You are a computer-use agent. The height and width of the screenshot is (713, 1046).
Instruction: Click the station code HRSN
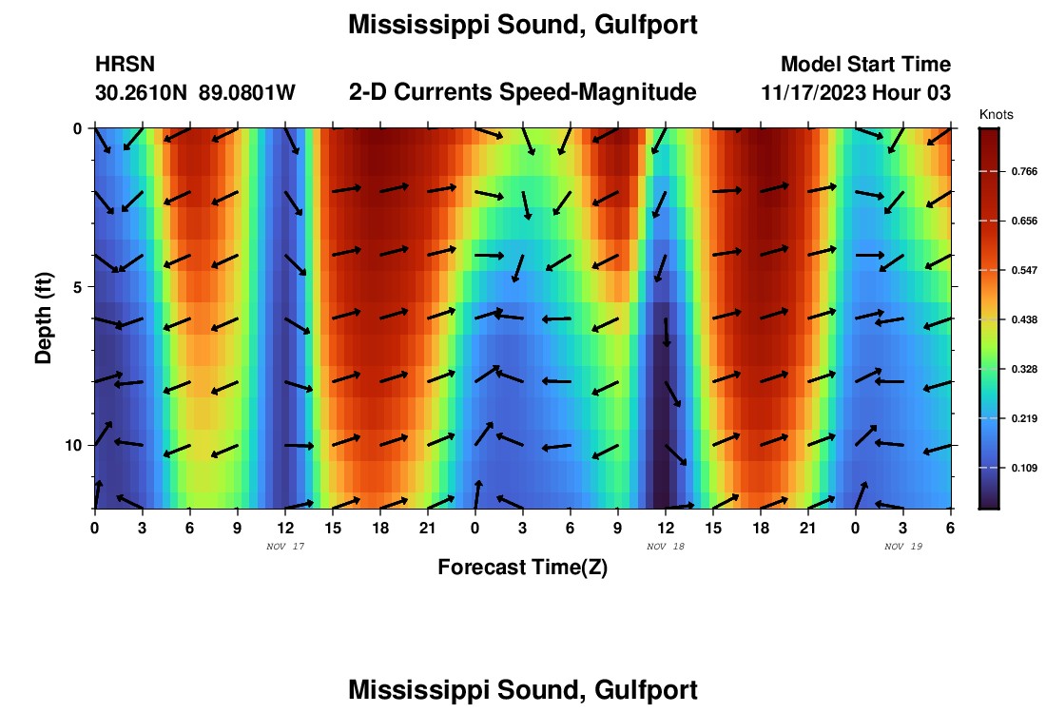click(125, 65)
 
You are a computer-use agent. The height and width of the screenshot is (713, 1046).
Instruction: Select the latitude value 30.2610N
click(142, 93)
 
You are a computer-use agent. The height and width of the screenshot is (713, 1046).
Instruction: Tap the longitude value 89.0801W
click(247, 93)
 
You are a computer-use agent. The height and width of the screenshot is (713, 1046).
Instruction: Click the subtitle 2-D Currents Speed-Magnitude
click(523, 92)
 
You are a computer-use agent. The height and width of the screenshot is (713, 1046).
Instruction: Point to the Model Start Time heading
click(865, 65)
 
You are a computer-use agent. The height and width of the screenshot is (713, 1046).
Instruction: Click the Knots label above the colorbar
click(996, 115)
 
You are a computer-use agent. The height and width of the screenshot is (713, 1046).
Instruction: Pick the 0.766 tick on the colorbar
click(1024, 172)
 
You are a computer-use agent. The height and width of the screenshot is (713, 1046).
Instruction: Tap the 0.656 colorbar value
click(1024, 222)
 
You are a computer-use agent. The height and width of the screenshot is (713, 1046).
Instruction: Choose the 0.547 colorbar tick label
click(1024, 271)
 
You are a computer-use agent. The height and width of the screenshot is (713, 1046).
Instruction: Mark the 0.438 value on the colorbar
click(1024, 320)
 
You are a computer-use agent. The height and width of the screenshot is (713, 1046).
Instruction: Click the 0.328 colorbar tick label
click(1024, 370)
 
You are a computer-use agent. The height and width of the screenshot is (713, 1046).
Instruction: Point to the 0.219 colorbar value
click(1024, 419)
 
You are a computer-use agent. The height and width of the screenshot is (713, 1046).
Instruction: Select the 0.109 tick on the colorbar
click(1024, 469)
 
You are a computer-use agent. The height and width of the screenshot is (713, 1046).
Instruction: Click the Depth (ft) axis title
click(44, 318)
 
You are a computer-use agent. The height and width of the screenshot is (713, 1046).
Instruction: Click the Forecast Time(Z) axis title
click(522, 568)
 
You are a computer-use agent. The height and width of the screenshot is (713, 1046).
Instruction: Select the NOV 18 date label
click(665, 547)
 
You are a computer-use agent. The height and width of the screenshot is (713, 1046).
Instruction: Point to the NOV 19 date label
click(902, 547)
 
